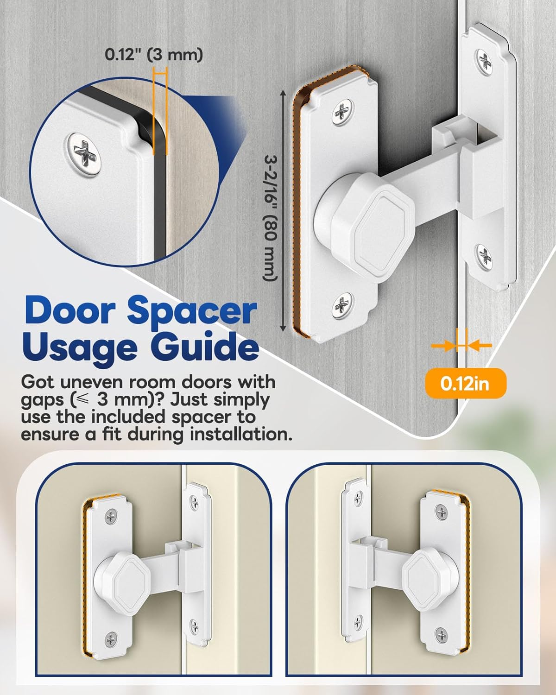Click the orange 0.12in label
[x=465, y=384]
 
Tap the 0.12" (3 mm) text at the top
[x=154, y=55]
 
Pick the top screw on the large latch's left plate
[x=343, y=113]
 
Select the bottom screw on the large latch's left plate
[x=343, y=305]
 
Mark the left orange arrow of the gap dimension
[x=442, y=345]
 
